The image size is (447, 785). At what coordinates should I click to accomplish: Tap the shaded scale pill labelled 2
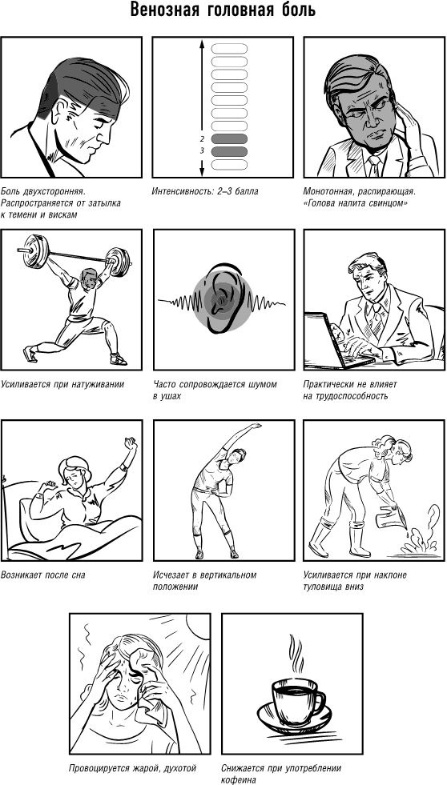pyautogui.click(x=230, y=138)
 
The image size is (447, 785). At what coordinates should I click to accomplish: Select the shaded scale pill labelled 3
pyautogui.click(x=230, y=151)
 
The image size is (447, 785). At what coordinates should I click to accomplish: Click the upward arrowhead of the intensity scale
pyautogui.click(x=202, y=43)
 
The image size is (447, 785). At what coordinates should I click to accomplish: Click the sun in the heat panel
pyautogui.click(x=200, y=624)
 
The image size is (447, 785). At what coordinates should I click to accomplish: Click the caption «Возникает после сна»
pyautogui.click(x=43, y=575)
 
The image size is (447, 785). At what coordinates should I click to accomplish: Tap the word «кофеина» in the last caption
pyautogui.click(x=239, y=779)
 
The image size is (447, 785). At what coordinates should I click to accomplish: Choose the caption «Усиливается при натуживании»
pyautogui.click(x=62, y=384)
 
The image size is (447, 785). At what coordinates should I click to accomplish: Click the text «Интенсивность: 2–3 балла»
pyautogui.click(x=205, y=192)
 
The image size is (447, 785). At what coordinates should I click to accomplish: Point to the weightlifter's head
pyautogui.click(x=89, y=278)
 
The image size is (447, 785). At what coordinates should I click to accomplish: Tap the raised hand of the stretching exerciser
pyautogui.click(x=255, y=426)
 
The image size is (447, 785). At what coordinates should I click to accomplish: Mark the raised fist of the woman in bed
pyautogui.click(x=131, y=443)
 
